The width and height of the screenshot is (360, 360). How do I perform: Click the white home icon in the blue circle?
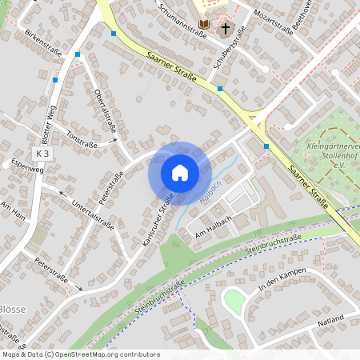[180, 172]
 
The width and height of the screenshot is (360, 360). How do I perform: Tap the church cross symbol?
[226, 29]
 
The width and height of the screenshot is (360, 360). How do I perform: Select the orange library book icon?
[204, 26]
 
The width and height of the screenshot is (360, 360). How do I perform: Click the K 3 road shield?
[43, 152]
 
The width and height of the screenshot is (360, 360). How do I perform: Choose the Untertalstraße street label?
[88, 206]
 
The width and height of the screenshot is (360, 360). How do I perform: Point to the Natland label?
[330, 321]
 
